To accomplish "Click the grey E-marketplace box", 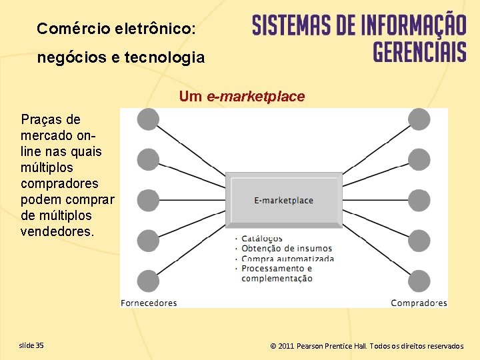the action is click(284, 200).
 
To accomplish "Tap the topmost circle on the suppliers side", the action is click(148, 119).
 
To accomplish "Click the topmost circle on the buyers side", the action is click(419, 119).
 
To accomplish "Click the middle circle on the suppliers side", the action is click(148, 200).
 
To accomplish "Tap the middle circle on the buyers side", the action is click(419, 200).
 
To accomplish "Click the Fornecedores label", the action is click(149, 303).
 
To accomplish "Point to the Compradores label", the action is click(419, 303).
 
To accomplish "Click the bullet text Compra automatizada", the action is click(287, 259).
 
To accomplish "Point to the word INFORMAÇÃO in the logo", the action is click(413, 25).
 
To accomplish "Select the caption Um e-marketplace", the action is click(241, 97).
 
